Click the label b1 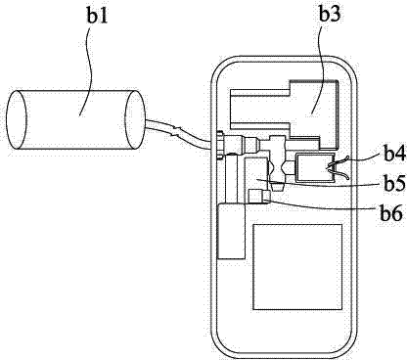pyautogui.click(x=98, y=16)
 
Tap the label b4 pyautogui.click(x=394, y=155)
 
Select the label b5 pyautogui.click(x=394, y=184)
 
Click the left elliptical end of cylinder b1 pyautogui.click(x=17, y=119)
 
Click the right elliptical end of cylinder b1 pyautogui.click(x=135, y=119)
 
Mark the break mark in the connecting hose pyautogui.click(x=176, y=131)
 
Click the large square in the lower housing pyautogui.click(x=297, y=266)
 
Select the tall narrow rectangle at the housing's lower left pyautogui.click(x=231, y=231)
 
